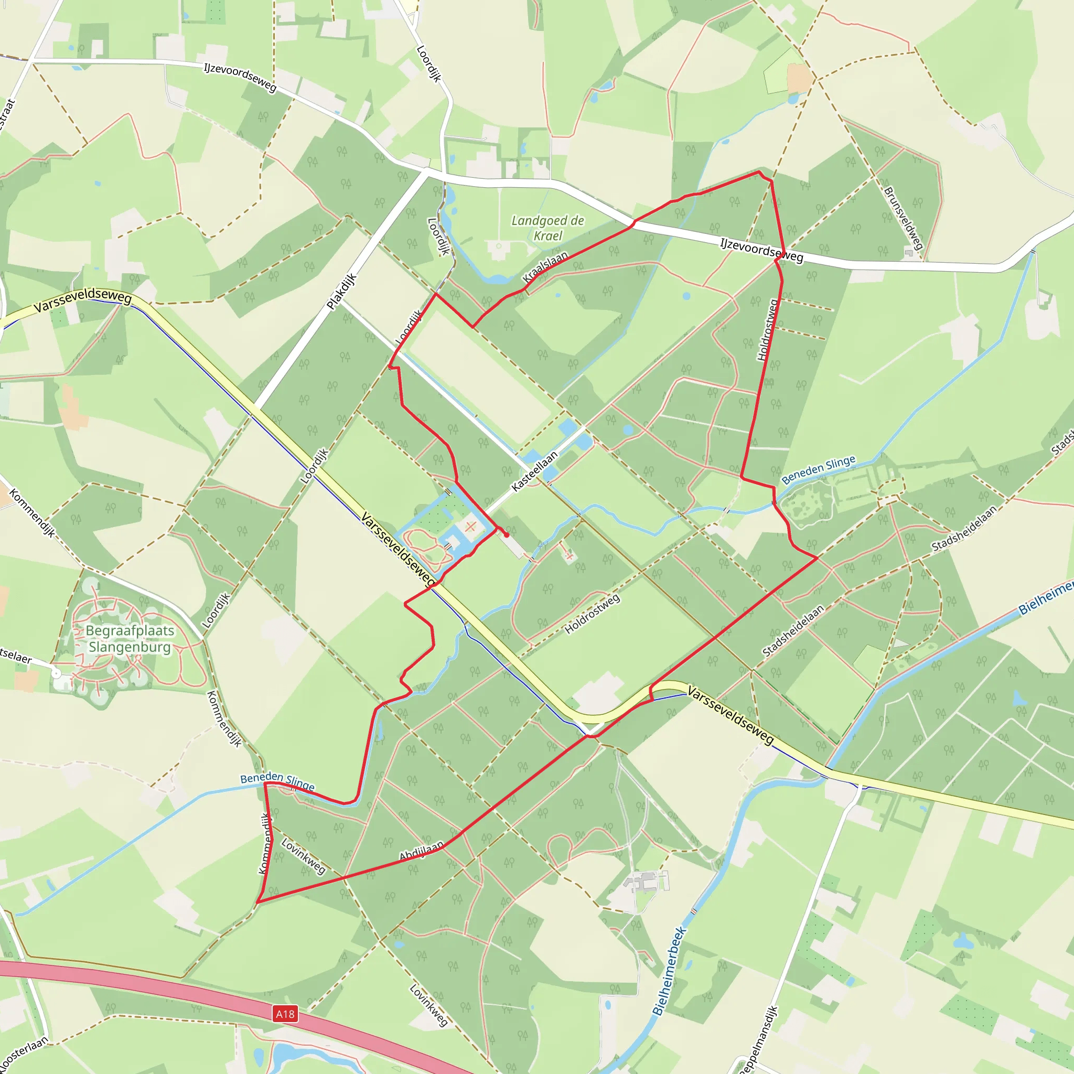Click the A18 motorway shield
285,1014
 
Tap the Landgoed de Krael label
547,228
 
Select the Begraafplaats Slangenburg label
130,639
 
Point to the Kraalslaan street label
545,266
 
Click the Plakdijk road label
341,291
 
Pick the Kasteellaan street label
534,471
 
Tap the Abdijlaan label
422,851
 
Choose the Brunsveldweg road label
904,218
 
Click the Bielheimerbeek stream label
670,971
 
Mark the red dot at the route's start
506,535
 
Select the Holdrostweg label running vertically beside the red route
767,330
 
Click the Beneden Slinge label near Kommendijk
277,780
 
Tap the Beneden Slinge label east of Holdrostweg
818,470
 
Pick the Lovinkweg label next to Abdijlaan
303,855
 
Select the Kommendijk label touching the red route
266,843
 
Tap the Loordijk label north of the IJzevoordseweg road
428,64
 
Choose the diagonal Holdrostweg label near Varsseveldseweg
592,614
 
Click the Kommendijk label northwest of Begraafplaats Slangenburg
32,513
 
